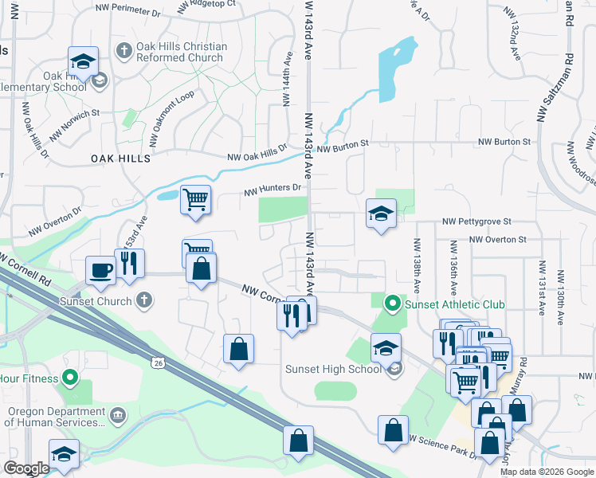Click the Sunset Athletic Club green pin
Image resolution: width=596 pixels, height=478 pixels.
point(392,304)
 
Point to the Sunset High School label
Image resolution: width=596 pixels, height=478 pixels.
point(333,369)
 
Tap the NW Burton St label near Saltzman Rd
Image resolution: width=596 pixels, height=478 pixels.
point(504,141)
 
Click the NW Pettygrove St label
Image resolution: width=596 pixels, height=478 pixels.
point(476,221)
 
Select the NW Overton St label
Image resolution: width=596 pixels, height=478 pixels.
point(498,239)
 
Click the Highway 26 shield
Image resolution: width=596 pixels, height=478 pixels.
point(158,363)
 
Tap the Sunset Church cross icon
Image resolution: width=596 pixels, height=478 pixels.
point(143,300)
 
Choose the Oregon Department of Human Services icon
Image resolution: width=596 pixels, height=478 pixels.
point(118,415)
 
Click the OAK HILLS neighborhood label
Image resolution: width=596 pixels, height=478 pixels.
point(120,159)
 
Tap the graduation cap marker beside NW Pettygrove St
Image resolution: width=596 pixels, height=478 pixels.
point(382,213)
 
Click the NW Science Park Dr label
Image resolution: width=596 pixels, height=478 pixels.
point(443,447)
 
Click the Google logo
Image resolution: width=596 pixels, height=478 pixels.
point(26,468)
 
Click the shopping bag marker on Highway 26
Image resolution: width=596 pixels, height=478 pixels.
point(298,440)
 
